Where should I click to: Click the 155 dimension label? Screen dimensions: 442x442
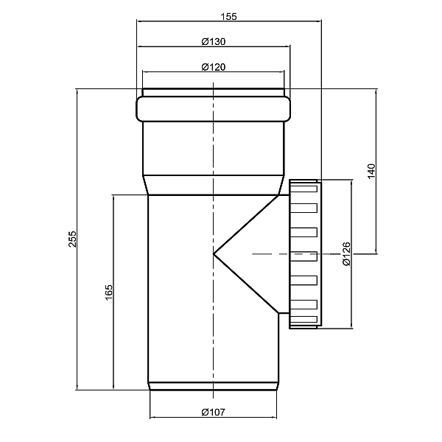pos(228,17)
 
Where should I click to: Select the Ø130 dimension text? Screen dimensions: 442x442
pos(214,42)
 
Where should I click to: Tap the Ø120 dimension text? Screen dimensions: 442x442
pos(214,67)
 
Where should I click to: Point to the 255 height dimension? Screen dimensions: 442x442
pos(72,239)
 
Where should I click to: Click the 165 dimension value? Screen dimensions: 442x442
pos(109,292)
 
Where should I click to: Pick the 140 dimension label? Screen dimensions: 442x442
pos(371,171)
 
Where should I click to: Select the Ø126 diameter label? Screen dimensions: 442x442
pos(346,253)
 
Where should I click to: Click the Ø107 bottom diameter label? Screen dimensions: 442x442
pos(214,413)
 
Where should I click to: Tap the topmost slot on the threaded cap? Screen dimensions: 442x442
pos(304,189)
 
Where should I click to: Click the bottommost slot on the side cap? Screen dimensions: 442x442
pos(304,319)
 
